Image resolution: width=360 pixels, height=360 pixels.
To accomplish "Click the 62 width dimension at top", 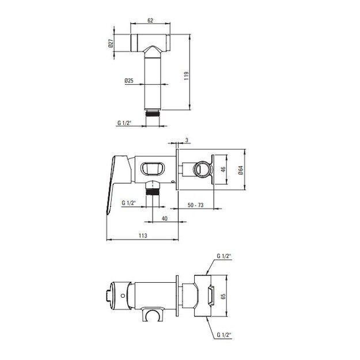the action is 150,20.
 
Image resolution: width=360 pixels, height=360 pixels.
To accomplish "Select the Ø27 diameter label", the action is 111,43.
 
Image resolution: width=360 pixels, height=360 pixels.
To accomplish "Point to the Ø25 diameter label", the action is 129,81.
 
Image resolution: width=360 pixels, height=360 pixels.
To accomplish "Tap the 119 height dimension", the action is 187,76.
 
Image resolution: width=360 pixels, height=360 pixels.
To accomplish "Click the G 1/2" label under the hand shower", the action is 124,123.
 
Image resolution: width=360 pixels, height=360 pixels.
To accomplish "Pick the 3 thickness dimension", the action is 187,140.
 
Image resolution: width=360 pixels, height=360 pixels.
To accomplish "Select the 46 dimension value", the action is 223,169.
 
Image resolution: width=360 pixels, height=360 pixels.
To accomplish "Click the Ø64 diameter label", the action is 241,170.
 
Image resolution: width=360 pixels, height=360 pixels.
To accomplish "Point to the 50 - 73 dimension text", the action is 196,205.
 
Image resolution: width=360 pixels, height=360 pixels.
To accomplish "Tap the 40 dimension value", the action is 165,218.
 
